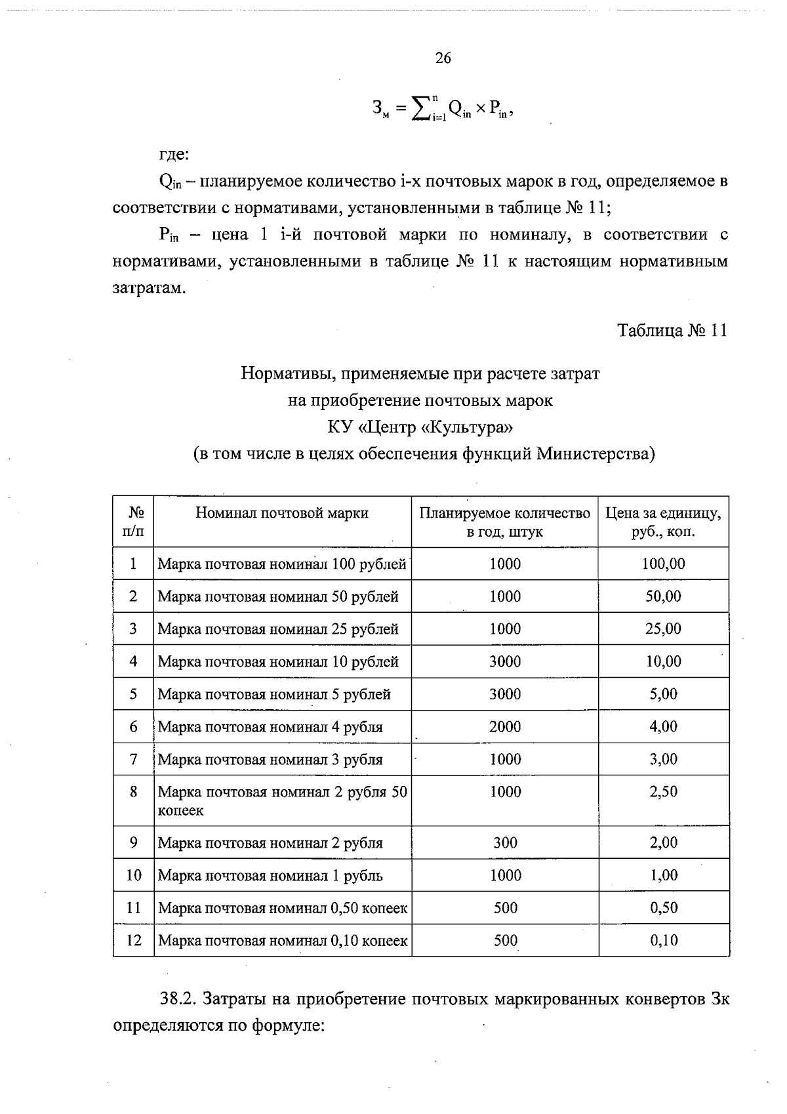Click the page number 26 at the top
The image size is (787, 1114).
click(443, 58)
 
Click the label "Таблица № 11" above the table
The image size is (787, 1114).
click(672, 330)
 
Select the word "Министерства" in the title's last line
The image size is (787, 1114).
click(595, 454)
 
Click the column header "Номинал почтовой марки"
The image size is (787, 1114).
click(282, 513)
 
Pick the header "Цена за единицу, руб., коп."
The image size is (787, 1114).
click(663, 522)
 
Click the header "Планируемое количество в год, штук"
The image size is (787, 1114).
click(504, 522)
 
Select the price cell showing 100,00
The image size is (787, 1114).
click(663, 564)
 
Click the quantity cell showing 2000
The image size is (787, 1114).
click(505, 726)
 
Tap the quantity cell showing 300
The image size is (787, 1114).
click(505, 842)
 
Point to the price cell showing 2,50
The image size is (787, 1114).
click(663, 792)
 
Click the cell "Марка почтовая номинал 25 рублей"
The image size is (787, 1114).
click(278, 629)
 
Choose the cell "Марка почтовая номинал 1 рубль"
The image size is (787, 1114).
click(270, 876)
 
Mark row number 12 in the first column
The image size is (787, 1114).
click(133, 940)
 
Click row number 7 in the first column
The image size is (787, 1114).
click(133, 759)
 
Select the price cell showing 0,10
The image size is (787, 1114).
click(664, 940)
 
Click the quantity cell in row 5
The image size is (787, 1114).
click(505, 694)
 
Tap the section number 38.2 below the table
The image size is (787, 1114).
click(178, 999)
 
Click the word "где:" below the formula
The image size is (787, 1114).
click(174, 155)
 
